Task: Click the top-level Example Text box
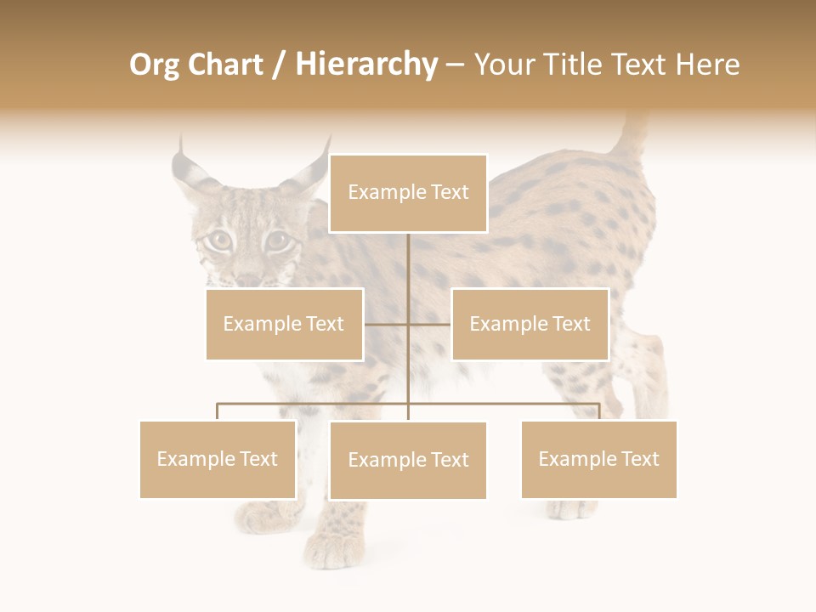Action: [x=408, y=193]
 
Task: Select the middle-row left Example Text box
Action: [x=284, y=324]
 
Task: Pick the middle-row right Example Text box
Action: [x=530, y=324]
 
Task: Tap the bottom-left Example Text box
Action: [x=218, y=459]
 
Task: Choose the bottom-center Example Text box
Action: [x=408, y=460]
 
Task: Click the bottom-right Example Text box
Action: [x=598, y=459]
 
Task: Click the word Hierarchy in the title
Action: [x=365, y=65]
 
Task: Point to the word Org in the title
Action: [x=154, y=65]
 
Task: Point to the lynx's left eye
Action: [x=220, y=240]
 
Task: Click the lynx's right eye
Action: [x=278, y=241]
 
